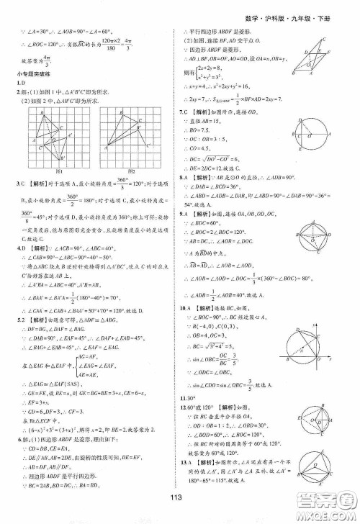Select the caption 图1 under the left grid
coord(48,171)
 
